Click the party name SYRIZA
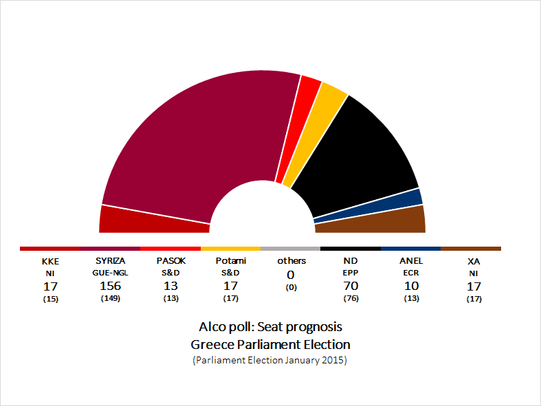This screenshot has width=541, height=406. pyautogui.click(x=111, y=261)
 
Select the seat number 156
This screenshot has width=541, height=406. pyautogui.click(x=111, y=286)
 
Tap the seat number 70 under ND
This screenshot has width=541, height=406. pyautogui.click(x=351, y=286)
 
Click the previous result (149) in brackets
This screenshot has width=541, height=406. pyautogui.click(x=111, y=299)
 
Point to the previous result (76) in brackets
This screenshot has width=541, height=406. pyautogui.click(x=351, y=299)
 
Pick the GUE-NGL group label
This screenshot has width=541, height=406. pyautogui.click(x=111, y=273)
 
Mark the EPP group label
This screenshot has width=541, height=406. pyautogui.click(x=351, y=273)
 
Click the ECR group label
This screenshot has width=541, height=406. pyautogui.click(x=411, y=273)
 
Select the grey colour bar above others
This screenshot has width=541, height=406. pyautogui.click(x=291, y=249)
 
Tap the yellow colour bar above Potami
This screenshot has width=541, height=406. pyautogui.click(x=231, y=249)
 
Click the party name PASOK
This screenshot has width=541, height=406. pyautogui.click(x=170, y=261)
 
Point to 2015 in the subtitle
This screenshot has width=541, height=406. pyautogui.click(x=335, y=361)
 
